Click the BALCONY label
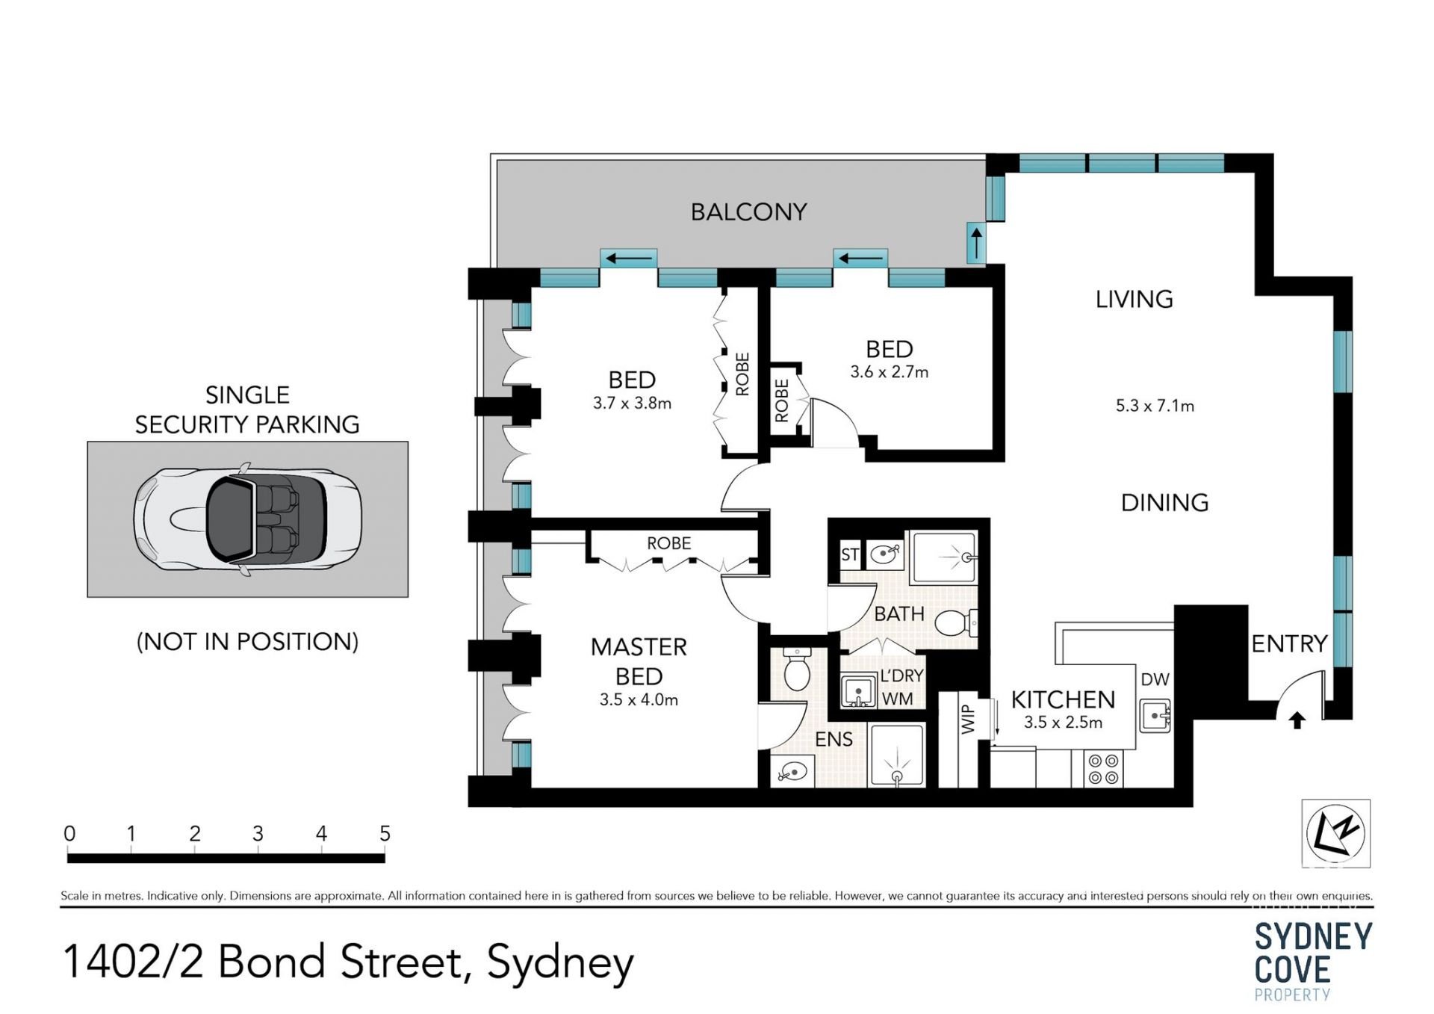coord(748,212)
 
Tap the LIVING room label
coord(1134,300)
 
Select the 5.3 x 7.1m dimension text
coord(1155,406)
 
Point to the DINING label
coord(1164,503)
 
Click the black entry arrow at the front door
coord(1297,720)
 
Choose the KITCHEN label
coord(1063,700)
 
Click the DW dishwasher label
coord(1155,680)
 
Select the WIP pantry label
coord(968,719)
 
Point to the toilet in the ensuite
coord(797,669)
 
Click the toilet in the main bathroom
coord(956,622)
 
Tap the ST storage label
coord(850,554)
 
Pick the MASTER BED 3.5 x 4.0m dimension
coord(639,700)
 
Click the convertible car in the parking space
coord(248,519)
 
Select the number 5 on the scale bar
coord(385,834)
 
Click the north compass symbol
coord(1336,833)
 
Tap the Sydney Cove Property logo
coord(1314,961)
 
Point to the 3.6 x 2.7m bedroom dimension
coord(889,372)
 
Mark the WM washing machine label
coord(897,699)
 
